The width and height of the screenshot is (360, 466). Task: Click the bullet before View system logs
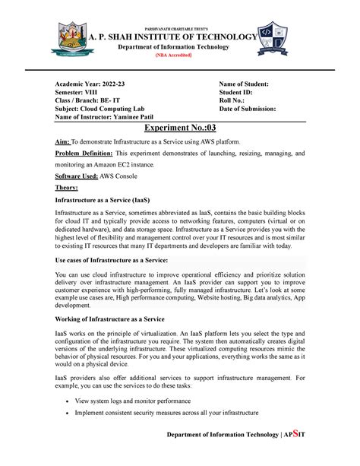click(x=69, y=399)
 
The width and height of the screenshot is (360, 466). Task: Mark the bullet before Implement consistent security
click(x=69, y=413)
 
